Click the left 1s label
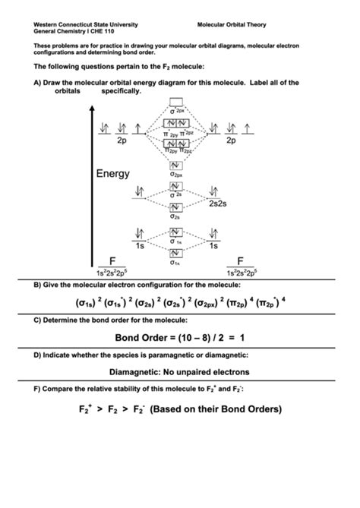(x=140, y=246)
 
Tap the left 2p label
(x=122, y=140)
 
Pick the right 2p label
(x=231, y=140)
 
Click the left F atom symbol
(x=112, y=260)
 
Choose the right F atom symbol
(x=241, y=260)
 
